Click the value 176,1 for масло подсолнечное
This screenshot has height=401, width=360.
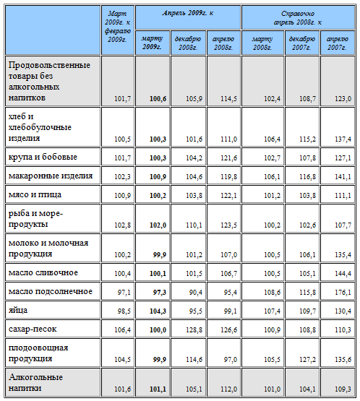pyautogui.click(x=343, y=293)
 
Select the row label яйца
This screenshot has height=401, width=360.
pyautogui.click(x=18, y=311)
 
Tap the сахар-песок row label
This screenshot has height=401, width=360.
pyautogui.click(x=33, y=329)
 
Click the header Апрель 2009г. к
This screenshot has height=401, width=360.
pyautogui.click(x=188, y=13)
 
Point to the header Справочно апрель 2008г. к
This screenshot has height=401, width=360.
pyautogui.click(x=298, y=18)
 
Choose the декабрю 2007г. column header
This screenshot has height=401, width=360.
pyautogui.click(x=302, y=43)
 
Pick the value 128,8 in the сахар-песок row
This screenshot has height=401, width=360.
pyautogui.click(x=194, y=330)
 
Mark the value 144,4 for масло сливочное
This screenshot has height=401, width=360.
pyautogui.click(x=343, y=274)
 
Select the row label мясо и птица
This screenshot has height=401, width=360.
pyautogui.click(x=35, y=194)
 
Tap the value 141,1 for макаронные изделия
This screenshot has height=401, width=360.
pyautogui.click(x=343, y=177)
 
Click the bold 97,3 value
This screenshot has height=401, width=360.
pyautogui.click(x=160, y=293)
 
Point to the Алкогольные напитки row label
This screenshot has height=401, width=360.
pyautogui.click(x=35, y=383)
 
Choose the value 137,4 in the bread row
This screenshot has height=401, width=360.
pyautogui.click(x=343, y=139)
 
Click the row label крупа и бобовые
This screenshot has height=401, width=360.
pyautogui.click(x=43, y=157)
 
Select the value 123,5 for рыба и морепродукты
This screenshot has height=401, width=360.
pyautogui.click(x=228, y=225)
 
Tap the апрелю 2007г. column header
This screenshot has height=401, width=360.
pyautogui.click(x=337, y=43)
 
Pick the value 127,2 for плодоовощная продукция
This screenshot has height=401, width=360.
pyautogui.click(x=307, y=360)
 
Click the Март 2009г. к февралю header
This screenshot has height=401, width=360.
pyautogui.click(x=117, y=26)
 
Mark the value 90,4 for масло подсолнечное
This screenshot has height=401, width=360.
pyautogui.click(x=195, y=293)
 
